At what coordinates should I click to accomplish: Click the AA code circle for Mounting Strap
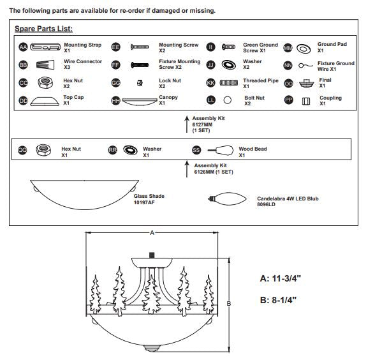click(x=23, y=47)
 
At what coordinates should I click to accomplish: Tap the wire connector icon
click(x=45, y=64)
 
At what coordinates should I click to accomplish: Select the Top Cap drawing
click(x=45, y=101)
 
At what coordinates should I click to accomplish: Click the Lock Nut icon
click(x=140, y=83)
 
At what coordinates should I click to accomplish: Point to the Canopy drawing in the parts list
click(x=140, y=101)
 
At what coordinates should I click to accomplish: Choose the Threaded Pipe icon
click(x=229, y=82)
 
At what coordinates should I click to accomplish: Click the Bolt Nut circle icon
click(x=228, y=100)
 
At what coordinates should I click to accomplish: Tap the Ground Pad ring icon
click(x=304, y=49)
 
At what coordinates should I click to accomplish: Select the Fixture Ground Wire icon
click(x=305, y=66)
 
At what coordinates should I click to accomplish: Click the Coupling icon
click(x=306, y=101)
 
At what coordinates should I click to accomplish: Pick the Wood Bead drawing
click(x=221, y=151)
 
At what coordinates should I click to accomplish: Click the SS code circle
click(x=196, y=150)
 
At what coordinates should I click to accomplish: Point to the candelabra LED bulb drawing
click(x=227, y=199)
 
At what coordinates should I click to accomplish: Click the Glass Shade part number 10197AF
click(x=144, y=202)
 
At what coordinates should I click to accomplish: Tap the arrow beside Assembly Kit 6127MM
click(x=187, y=124)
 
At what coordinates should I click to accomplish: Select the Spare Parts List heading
click(x=43, y=29)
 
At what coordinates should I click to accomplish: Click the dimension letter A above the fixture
click(x=152, y=233)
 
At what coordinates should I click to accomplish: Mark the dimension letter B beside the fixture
click(x=229, y=303)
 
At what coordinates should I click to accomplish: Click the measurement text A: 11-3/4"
click(x=281, y=278)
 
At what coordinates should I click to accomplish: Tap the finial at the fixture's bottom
click(x=152, y=348)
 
